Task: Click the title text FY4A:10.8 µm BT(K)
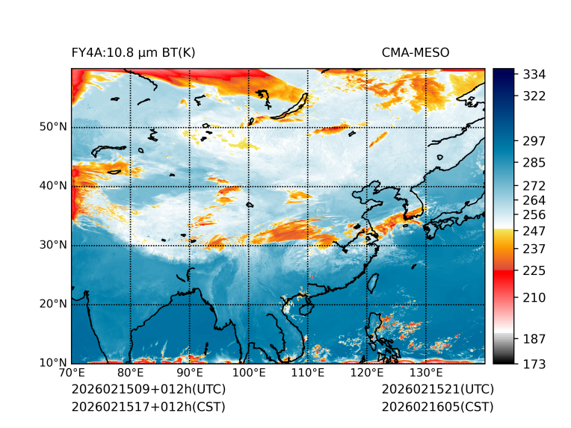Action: click(134, 52)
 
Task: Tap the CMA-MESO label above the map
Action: click(415, 52)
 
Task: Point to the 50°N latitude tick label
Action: click(53, 127)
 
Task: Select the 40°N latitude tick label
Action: click(53, 186)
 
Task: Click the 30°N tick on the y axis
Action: click(53, 245)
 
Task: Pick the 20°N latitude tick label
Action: click(53, 304)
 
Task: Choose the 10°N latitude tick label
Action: click(53, 363)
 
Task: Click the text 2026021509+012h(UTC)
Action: click(148, 389)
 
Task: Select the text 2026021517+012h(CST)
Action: click(148, 406)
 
